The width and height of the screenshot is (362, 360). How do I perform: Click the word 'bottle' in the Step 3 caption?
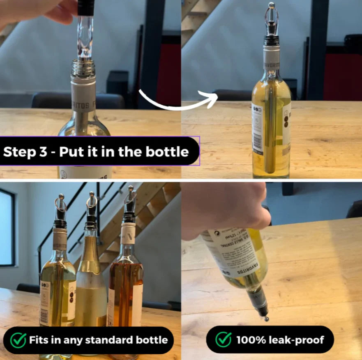168,151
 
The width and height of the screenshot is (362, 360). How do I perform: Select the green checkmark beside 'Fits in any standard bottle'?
18,340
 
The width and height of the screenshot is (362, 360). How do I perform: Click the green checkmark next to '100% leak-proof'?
224,340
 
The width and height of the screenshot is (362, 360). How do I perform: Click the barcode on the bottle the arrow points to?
257,142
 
